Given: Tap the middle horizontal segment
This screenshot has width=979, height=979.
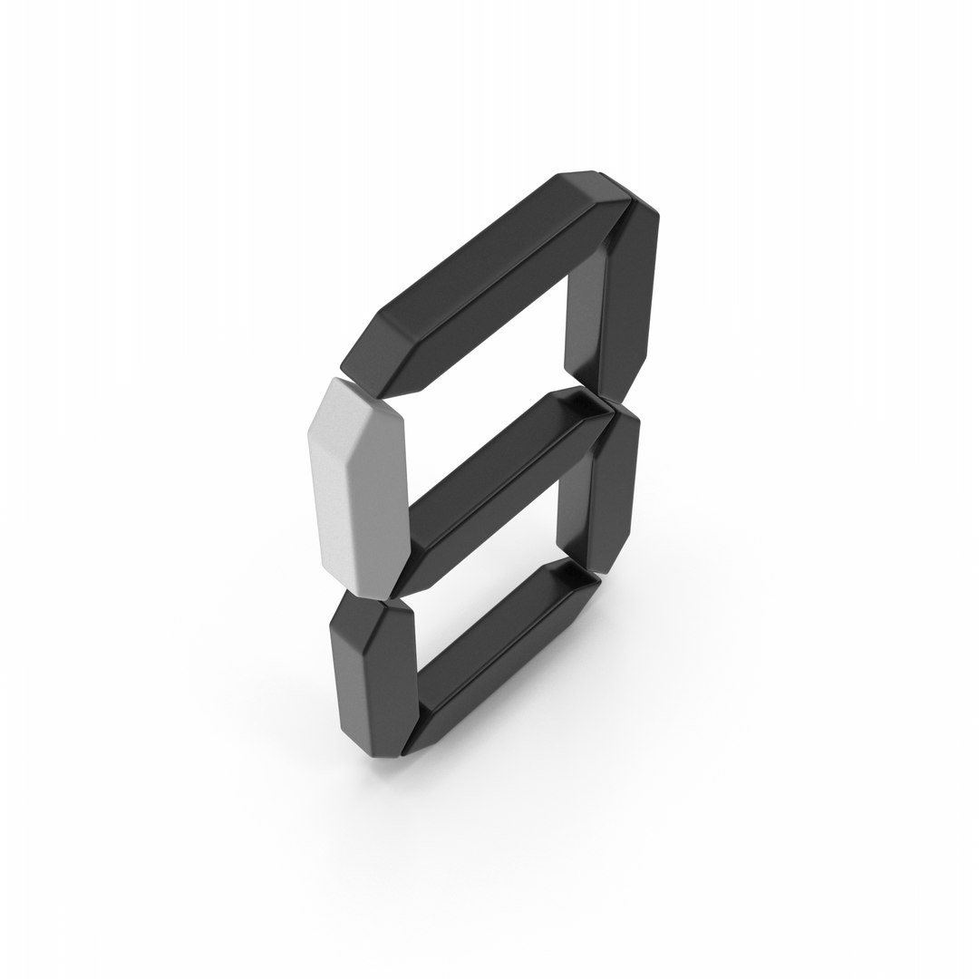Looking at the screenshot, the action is coord(499,493).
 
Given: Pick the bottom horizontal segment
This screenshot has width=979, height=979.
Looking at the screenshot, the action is coord(499,655).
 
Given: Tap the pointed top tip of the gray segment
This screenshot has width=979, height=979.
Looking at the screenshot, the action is coord(337,378).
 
